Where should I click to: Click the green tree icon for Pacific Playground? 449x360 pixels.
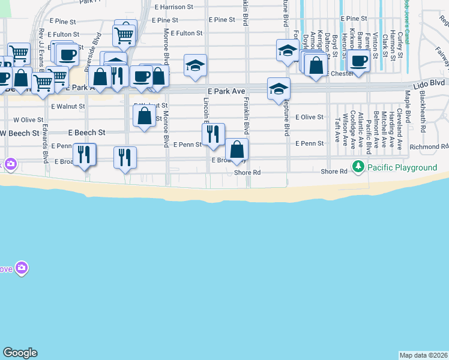coord(358,166)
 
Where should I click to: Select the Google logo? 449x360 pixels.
coord(20,353)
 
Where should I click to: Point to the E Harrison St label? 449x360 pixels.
coord(174,7)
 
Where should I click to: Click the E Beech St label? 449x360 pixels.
coord(86,132)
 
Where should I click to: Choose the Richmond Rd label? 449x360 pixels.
coord(429,146)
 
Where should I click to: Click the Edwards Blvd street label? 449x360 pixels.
coord(46,145)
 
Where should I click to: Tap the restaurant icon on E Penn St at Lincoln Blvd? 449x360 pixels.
coord(212,134)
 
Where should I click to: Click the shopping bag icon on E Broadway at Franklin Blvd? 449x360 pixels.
coord(237,149)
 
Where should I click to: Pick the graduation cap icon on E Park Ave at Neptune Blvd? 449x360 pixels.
coord(279,89)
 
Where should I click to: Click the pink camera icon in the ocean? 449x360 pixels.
coord(22,268)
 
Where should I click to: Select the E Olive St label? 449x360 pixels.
coord(309,117)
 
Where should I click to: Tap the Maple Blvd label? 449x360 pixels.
coord(407,103)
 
